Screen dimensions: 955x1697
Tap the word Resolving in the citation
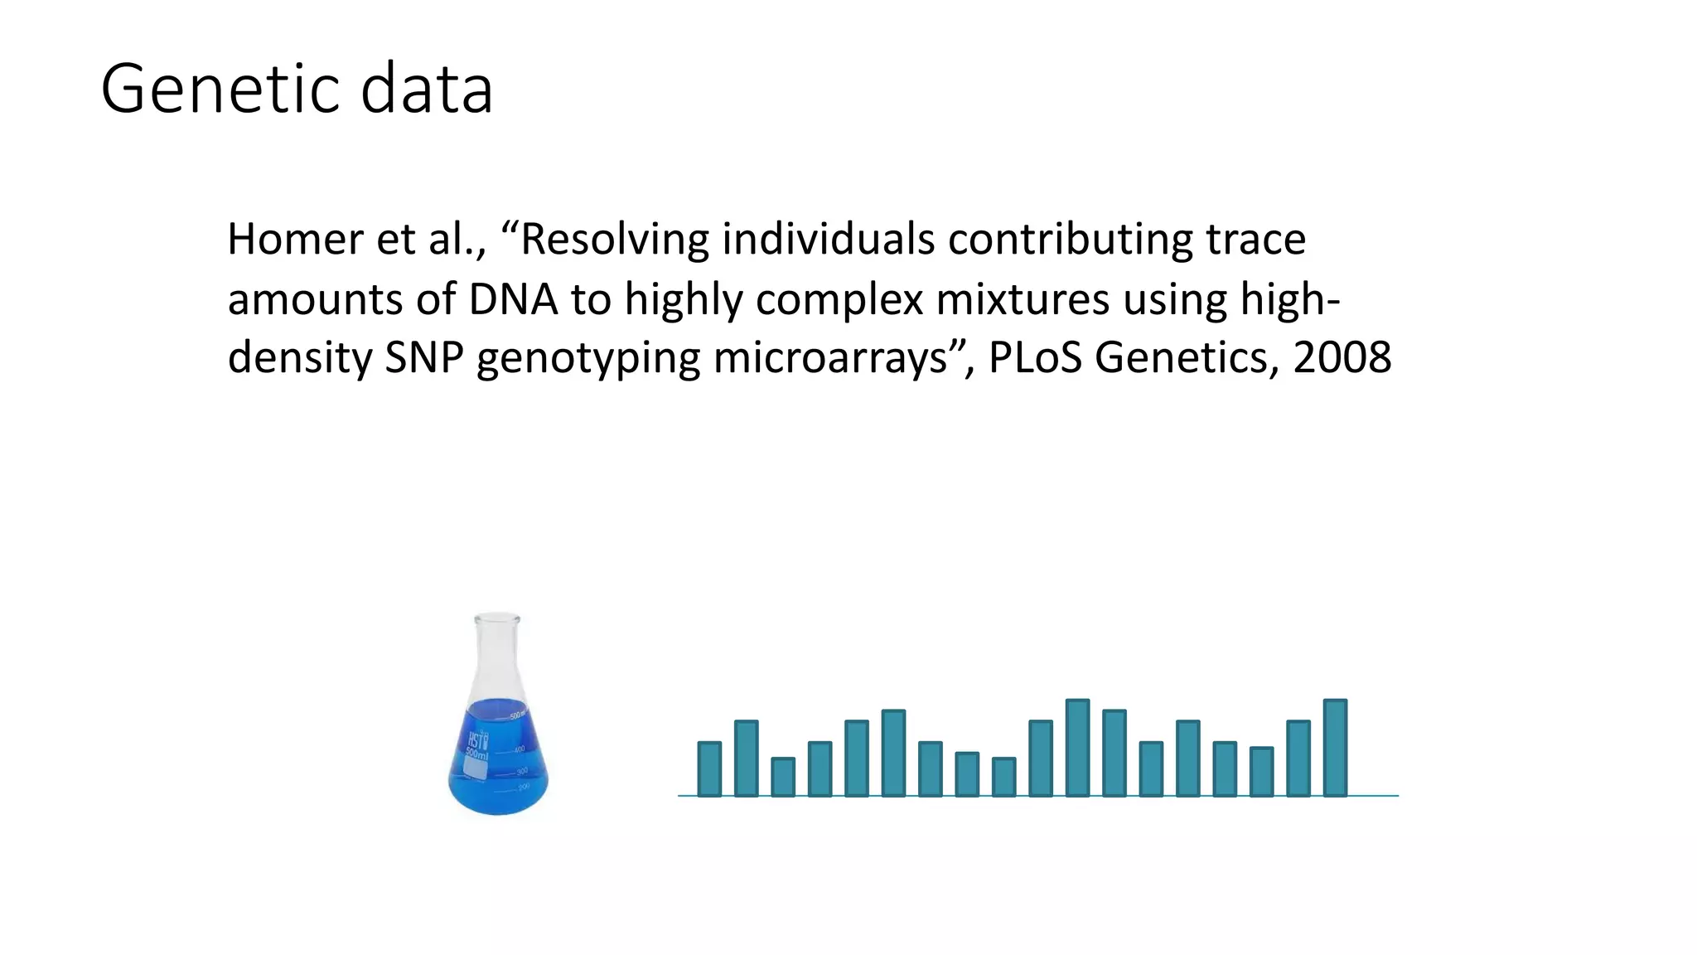pyautogui.click(x=614, y=240)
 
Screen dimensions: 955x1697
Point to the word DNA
pyautogui.click(x=512, y=299)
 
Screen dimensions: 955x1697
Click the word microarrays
pyautogui.click(x=829, y=358)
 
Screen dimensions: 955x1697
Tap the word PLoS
pyautogui.click(x=1035, y=358)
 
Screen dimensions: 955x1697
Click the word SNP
pyautogui.click(x=423, y=358)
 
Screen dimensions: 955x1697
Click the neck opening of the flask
pyautogui.click(x=497, y=618)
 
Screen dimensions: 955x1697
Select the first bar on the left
pyautogui.click(x=709, y=769)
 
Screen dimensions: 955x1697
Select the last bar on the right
pyautogui.click(x=1335, y=749)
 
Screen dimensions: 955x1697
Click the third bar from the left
pyautogui.click(x=783, y=778)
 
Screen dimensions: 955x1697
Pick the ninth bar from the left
pyautogui.click(x=1003, y=778)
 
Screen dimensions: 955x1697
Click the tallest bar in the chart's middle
pyautogui.click(x=1077, y=749)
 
